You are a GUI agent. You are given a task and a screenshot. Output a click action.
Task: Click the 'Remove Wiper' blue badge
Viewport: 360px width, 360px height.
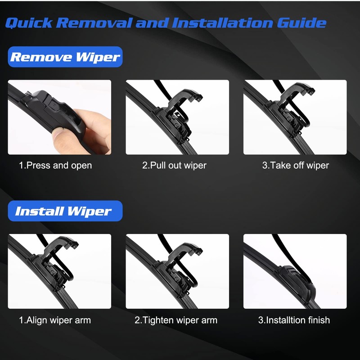click(x=65, y=57)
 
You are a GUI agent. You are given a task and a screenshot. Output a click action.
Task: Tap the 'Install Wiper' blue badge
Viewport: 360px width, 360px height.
click(x=65, y=211)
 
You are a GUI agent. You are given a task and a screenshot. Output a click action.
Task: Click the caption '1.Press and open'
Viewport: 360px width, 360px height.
click(x=55, y=165)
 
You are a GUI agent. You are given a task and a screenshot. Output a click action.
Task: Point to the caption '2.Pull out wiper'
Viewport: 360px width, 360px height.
click(x=174, y=165)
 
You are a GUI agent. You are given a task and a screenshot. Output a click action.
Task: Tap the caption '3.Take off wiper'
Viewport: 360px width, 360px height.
click(x=295, y=165)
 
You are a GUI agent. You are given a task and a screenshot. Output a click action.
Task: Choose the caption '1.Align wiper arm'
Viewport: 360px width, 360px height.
click(x=54, y=320)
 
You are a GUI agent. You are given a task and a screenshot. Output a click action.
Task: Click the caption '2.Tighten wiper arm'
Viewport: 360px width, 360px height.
click(x=175, y=320)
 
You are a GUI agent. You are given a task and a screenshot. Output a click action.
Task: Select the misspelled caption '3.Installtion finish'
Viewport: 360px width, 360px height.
click(x=294, y=320)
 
